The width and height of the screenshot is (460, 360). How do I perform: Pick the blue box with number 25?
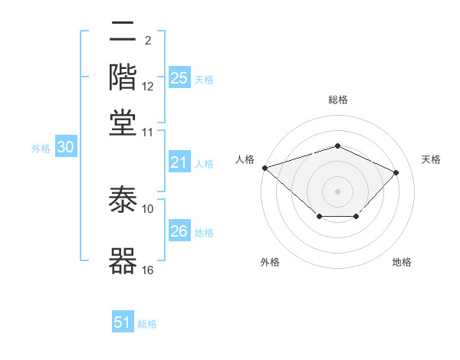pyautogui.click(x=179, y=78)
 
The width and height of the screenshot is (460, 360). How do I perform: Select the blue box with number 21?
pyautogui.click(x=179, y=162)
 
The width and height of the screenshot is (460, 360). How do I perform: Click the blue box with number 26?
pyautogui.click(x=179, y=231)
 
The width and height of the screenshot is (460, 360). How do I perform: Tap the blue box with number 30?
pyautogui.click(x=65, y=148)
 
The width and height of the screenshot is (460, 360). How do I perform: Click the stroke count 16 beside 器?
pyautogui.click(x=147, y=270)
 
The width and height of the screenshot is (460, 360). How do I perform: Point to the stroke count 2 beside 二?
pyautogui.click(x=147, y=40)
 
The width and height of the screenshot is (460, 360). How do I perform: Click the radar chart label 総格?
pyautogui.click(x=337, y=100)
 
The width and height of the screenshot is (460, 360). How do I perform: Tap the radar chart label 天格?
pyautogui.click(x=431, y=159)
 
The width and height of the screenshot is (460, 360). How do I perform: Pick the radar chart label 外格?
pyautogui.click(x=269, y=262)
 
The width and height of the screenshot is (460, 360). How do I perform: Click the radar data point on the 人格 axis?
pyautogui.click(x=264, y=168)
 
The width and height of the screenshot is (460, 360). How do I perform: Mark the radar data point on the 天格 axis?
pyautogui.click(x=396, y=172)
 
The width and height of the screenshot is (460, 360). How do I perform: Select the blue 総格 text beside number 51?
pyautogui.click(x=147, y=324)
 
